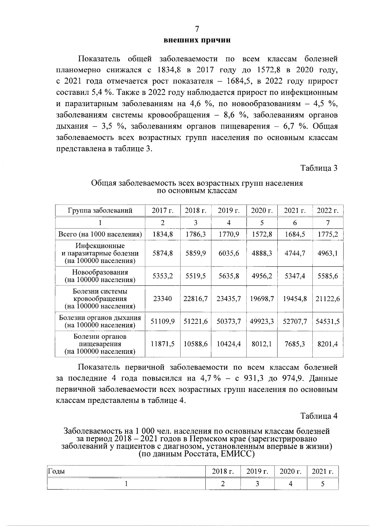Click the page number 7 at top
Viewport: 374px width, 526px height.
[x=197, y=29]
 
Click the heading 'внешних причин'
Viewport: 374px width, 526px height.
[x=197, y=40]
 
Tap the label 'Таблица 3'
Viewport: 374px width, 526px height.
[x=319, y=168]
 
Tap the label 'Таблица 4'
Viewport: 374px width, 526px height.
[x=319, y=416]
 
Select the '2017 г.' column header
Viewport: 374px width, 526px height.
[x=162, y=211]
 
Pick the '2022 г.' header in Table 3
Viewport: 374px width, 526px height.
[x=328, y=211]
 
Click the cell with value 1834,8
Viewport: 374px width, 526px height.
[x=162, y=234]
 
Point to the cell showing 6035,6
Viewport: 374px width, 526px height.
[x=229, y=253]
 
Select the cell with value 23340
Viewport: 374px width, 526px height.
[x=162, y=299]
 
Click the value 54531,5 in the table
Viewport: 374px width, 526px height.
[x=328, y=321]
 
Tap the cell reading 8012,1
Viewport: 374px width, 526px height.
[x=262, y=344]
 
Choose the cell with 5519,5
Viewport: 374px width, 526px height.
[x=195, y=276]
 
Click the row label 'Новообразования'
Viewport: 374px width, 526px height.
[x=100, y=272]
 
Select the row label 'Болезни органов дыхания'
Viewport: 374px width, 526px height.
[x=100, y=318]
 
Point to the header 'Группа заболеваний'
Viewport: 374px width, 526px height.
[x=100, y=211]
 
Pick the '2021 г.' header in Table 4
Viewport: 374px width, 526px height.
[x=323, y=471]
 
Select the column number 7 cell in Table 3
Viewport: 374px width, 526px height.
[x=328, y=222]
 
